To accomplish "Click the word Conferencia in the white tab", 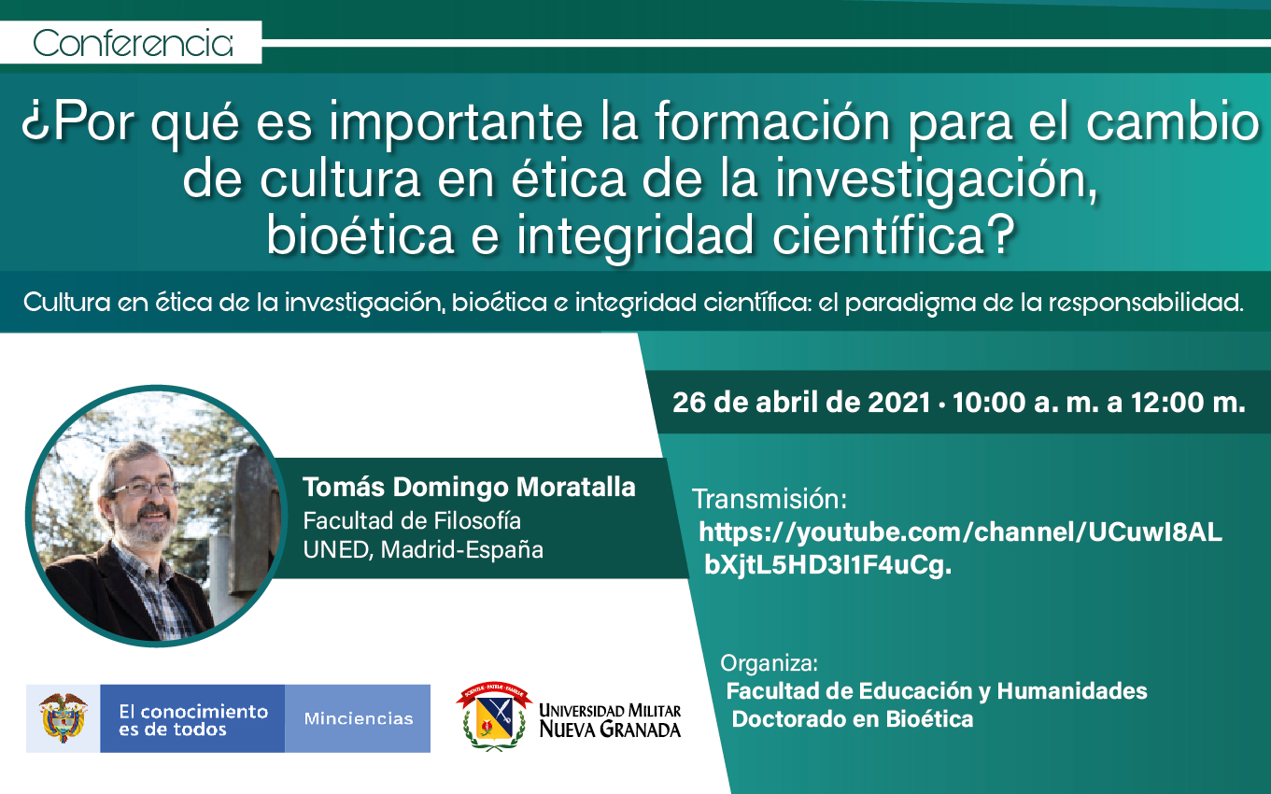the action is [x=133, y=43].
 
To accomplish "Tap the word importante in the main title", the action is [x=457, y=123].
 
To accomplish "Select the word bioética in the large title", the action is [x=360, y=234].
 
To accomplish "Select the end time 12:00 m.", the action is [x=1188, y=403].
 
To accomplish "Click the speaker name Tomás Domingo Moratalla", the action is [x=469, y=487].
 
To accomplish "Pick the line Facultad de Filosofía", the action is [x=412, y=520].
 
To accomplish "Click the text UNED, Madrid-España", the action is [x=423, y=549].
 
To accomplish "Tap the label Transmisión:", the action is [x=770, y=500].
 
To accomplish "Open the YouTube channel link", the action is [x=960, y=548].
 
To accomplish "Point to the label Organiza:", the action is [x=769, y=663].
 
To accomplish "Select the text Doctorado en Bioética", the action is [x=853, y=719].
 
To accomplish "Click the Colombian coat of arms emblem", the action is [x=63, y=718].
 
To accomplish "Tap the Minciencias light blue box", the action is [x=358, y=718].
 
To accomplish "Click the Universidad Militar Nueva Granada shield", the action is [x=493, y=716].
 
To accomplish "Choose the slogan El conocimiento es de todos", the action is [x=193, y=720].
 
